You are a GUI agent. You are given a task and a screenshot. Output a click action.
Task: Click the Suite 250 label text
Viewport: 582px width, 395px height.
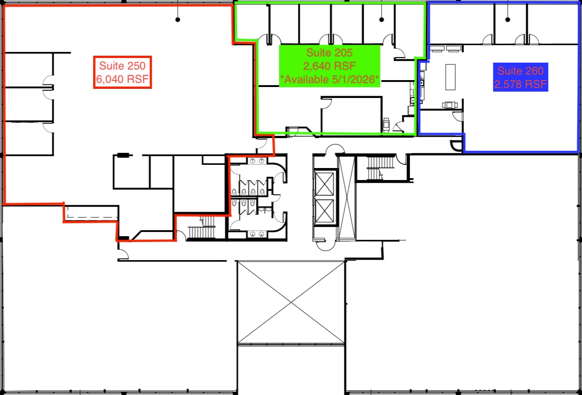pos(122,66)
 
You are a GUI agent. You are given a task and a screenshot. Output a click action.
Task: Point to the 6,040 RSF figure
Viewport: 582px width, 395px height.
pos(122,79)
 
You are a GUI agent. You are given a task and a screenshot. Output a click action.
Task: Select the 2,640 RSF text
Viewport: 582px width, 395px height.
pos(330,65)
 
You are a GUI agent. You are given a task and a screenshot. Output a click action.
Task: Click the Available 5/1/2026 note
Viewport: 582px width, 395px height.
pos(330,79)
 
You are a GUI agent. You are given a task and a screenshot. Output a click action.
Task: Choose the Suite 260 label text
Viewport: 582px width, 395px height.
pos(520,71)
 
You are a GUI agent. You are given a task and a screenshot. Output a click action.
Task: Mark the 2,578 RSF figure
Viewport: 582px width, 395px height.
pos(520,85)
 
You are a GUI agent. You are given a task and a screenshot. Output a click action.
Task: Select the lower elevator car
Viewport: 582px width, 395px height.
pos(325,212)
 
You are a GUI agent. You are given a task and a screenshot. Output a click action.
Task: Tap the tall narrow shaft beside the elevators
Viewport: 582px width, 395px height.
pos(346,198)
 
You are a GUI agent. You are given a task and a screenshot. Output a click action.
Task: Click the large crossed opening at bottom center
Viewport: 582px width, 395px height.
pos(291,302)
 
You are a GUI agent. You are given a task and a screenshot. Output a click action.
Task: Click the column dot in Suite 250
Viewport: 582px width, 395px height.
pos(178,20)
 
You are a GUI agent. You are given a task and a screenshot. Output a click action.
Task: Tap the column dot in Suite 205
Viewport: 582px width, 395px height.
pos(381,20)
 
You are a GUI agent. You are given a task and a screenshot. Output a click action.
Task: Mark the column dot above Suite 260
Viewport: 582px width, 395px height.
pos(508,20)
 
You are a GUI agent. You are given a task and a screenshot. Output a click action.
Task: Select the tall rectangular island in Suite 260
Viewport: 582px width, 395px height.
pos(450,77)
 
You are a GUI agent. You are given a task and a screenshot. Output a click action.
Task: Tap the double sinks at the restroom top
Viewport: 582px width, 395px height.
pos(257,161)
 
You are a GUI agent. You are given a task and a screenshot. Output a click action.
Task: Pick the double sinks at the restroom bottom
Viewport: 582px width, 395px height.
pos(257,234)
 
